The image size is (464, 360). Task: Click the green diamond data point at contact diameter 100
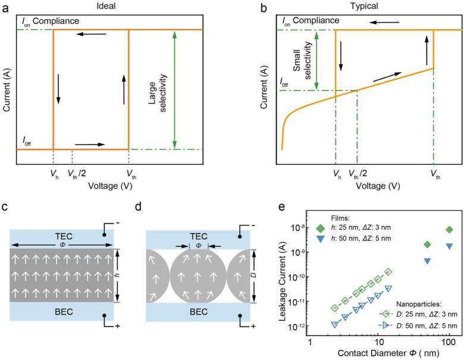point(449,229)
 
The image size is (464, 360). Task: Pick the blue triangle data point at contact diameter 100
point(449,246)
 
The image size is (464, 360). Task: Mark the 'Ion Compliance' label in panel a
point(43,20)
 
